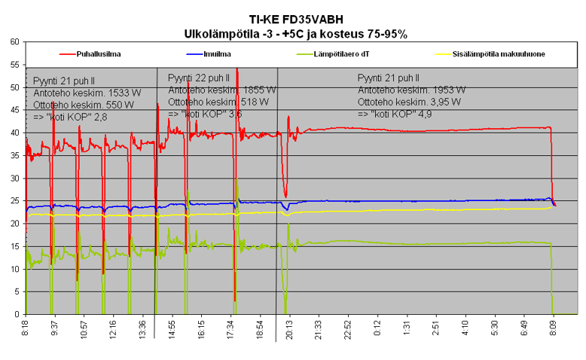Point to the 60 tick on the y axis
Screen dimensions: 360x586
point(14,42)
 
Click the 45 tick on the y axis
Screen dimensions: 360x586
point(14,110)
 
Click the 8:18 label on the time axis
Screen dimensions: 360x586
point(26,330)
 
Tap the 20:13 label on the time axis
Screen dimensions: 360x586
point(290,330)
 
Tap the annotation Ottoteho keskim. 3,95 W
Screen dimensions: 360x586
point(410,102)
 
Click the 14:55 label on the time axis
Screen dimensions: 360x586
point(172,330)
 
